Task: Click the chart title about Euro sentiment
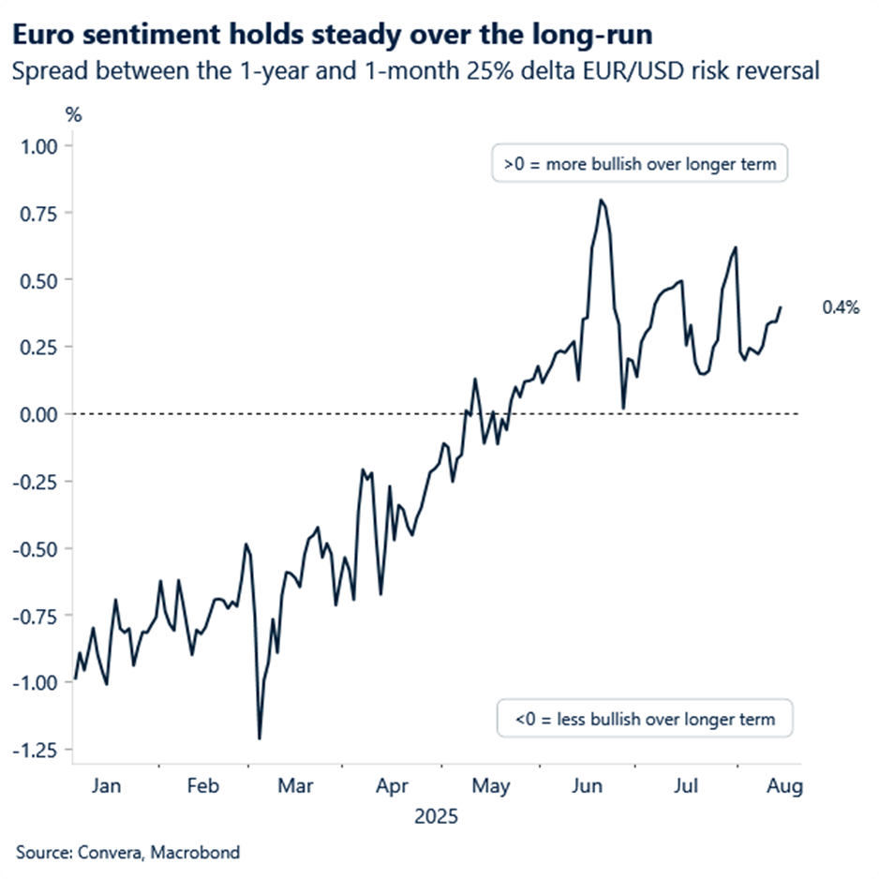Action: [333, 36]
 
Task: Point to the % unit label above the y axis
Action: [73, 115]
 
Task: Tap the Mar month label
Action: [297, 786]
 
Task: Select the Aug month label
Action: [785, 786]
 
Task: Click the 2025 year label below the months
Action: [436, 817]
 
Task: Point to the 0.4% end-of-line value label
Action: [841, 306]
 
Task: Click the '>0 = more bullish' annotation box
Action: [640, 164]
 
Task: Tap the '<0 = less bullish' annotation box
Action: [645, 720]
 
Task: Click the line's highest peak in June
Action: [601, 200]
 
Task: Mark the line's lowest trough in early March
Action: [259, 738]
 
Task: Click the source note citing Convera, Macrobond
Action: [127, 853]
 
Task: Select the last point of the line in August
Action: [782, 307]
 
